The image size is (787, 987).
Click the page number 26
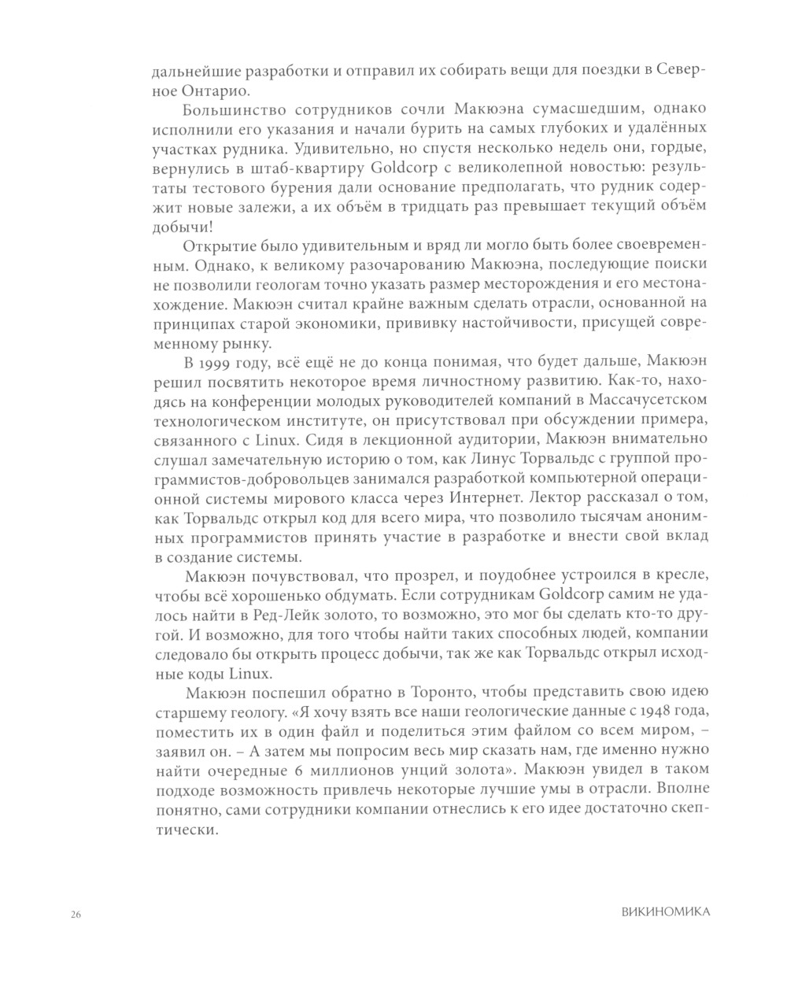pyautogui.click(x=76, y=914)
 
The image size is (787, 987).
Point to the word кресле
pyautogui.click(x=685, y=577)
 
